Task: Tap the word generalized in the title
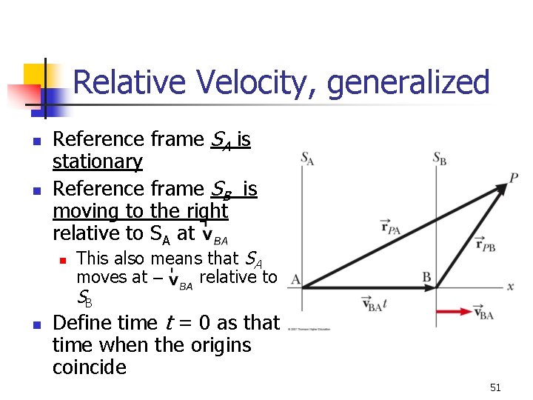tap(408, 82)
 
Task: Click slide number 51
tap(495, 387)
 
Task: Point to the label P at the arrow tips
tap(513, 178)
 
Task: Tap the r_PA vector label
tap(390, 227)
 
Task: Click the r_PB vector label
tap(486, 243)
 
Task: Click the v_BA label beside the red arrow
tap(485, 314)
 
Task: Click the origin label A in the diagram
tap(295, 280)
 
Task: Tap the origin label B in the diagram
tap(426, 277)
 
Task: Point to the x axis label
tap(510, 286)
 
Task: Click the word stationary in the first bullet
tap(98, 161)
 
